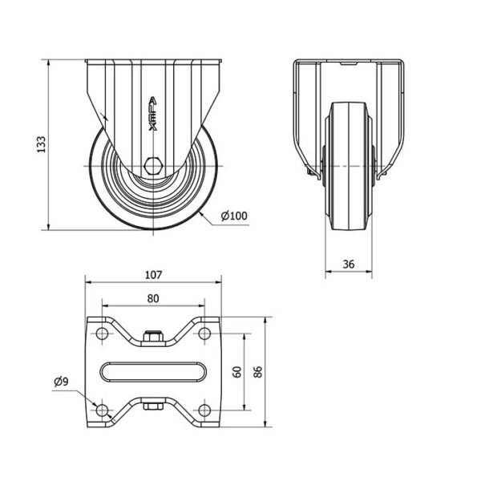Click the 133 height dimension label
(x=41, y=144)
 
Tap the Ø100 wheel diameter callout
(x=234, y=216)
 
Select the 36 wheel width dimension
(x=349, y=264)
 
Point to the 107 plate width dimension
(x=153, y=275)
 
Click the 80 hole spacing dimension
(x=153, y=298)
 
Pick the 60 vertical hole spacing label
(x=237, y=372)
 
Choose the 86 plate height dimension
(x=258, y=372)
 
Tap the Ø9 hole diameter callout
(x=62, y=382)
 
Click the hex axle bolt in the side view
(x=153, y=166)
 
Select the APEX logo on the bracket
(x=153, y=114)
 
